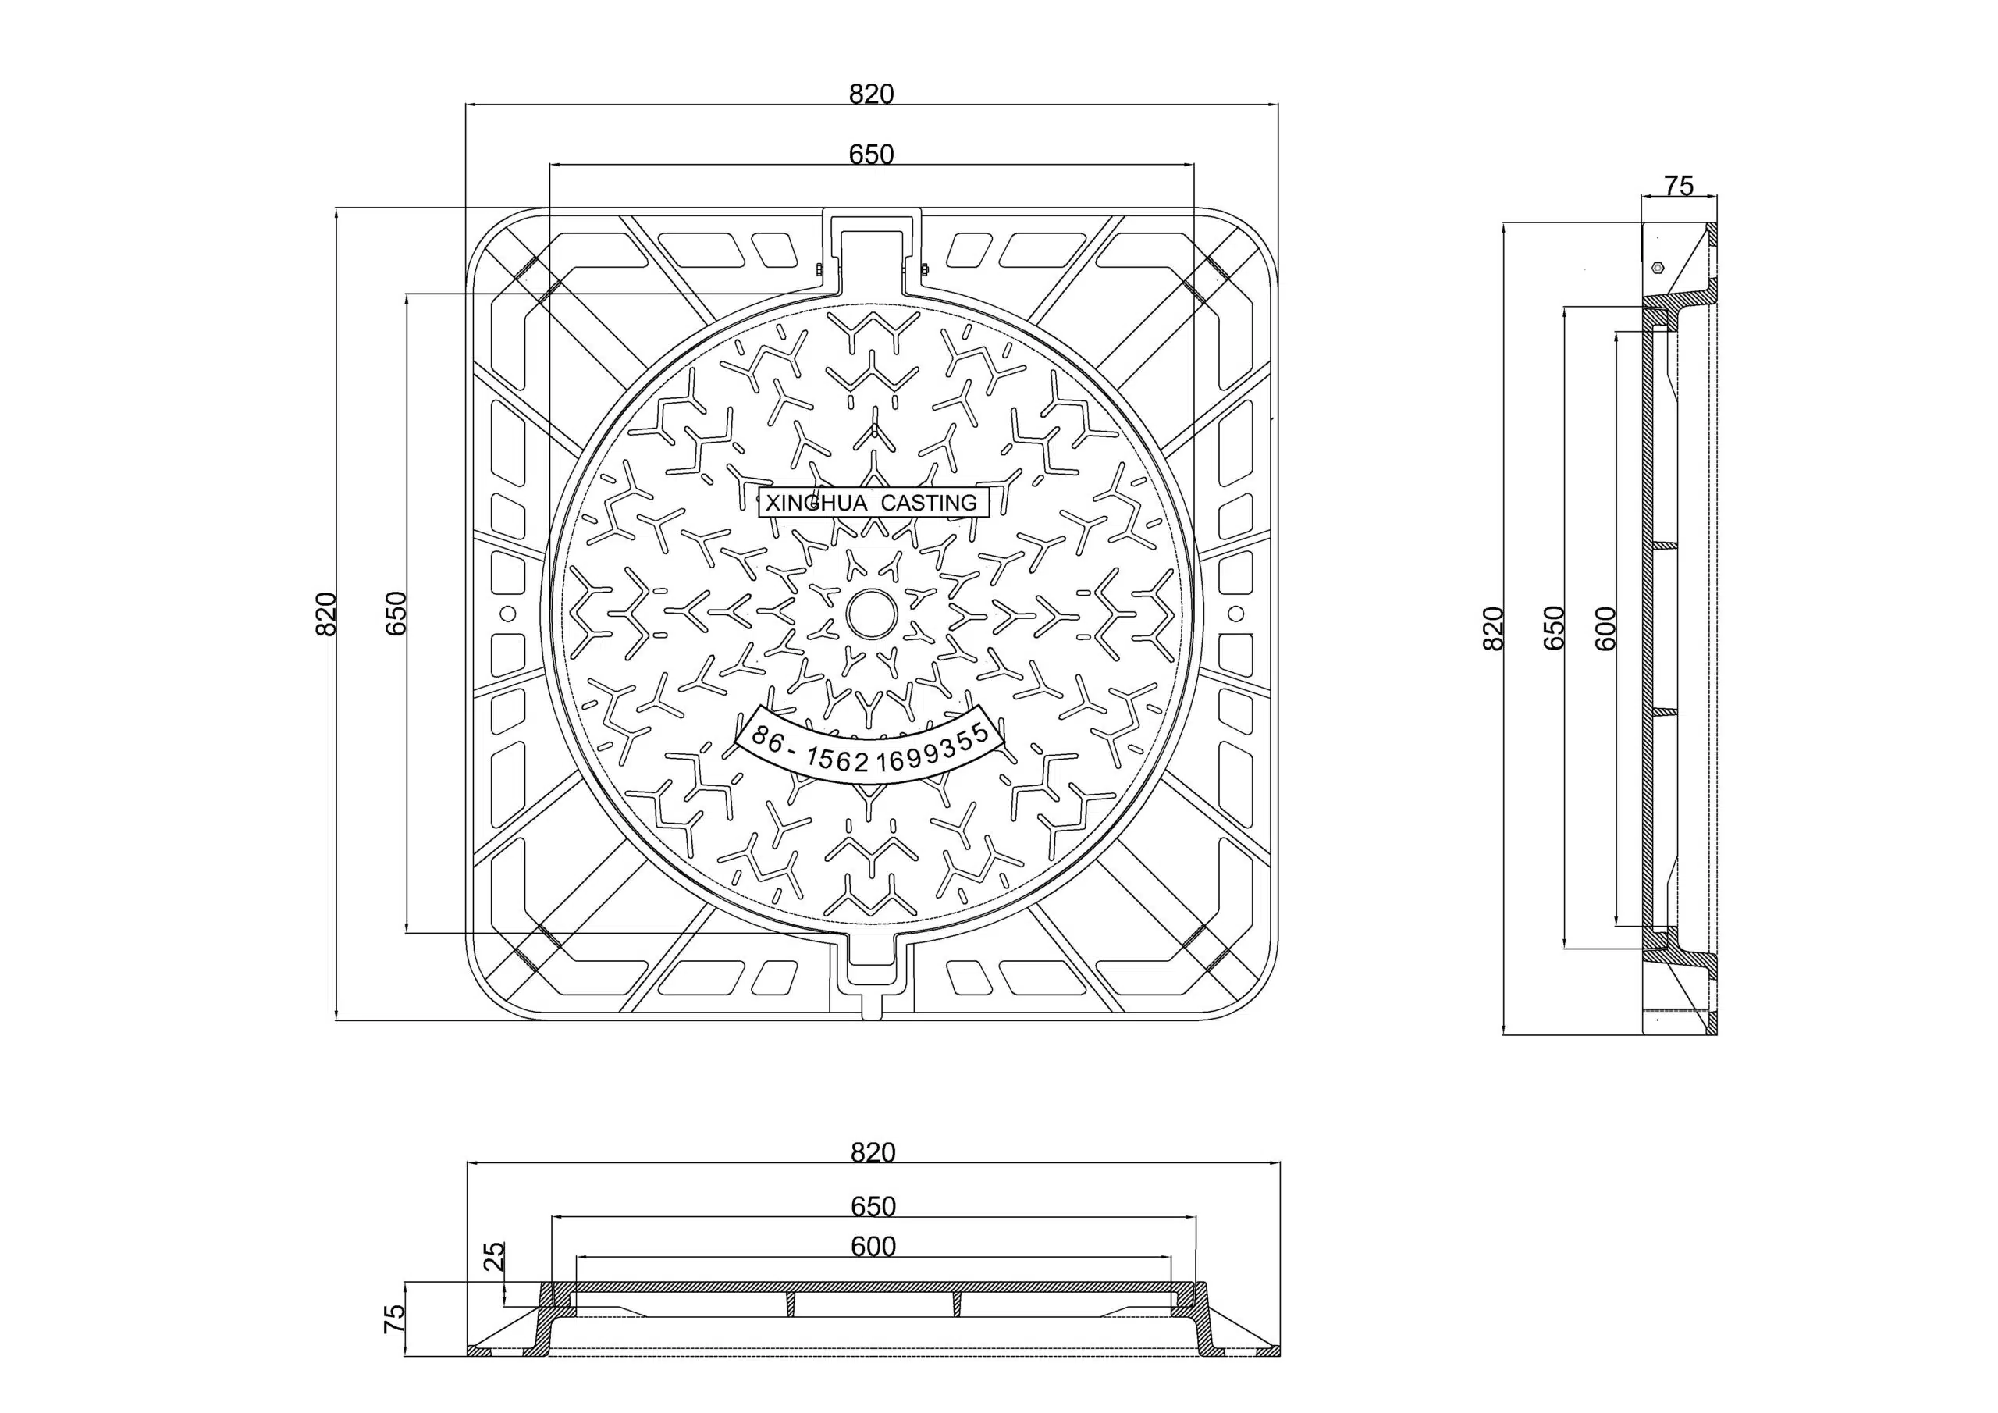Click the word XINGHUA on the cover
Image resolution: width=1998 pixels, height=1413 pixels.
click(x=816, y=504)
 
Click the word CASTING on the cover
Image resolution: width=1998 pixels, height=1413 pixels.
click(x=929, y=504)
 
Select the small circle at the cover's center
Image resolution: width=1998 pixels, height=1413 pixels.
click(x=871, y=614)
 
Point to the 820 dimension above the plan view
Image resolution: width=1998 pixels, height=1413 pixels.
click(x=871, y=94)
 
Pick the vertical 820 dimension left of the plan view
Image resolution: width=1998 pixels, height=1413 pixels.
click(x=325, y=614)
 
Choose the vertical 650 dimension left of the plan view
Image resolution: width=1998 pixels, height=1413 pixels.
click(x=396, y=614)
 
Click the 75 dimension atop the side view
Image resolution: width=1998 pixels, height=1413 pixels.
click(x=1679, y=186)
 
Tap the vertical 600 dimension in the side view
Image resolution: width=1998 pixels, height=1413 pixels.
click(x=1606, y=628)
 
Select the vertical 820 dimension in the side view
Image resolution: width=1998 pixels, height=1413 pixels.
click(x=1492, y=628)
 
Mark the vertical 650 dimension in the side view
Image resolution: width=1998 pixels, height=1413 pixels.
click(x=1553, y=628)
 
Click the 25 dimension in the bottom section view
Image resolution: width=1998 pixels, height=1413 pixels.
click(x=493, y=1256)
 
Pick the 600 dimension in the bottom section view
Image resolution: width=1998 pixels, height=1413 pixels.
click(x=873, y=1247)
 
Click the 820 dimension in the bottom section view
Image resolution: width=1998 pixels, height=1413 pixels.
click(x=873, y=1153)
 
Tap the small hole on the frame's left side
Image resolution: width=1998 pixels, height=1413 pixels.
click(x=508, y=614)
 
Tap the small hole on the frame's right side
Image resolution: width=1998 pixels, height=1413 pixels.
click(x=1235, y=614)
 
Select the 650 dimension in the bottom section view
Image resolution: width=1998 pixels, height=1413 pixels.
click(x=873, y=1206)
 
